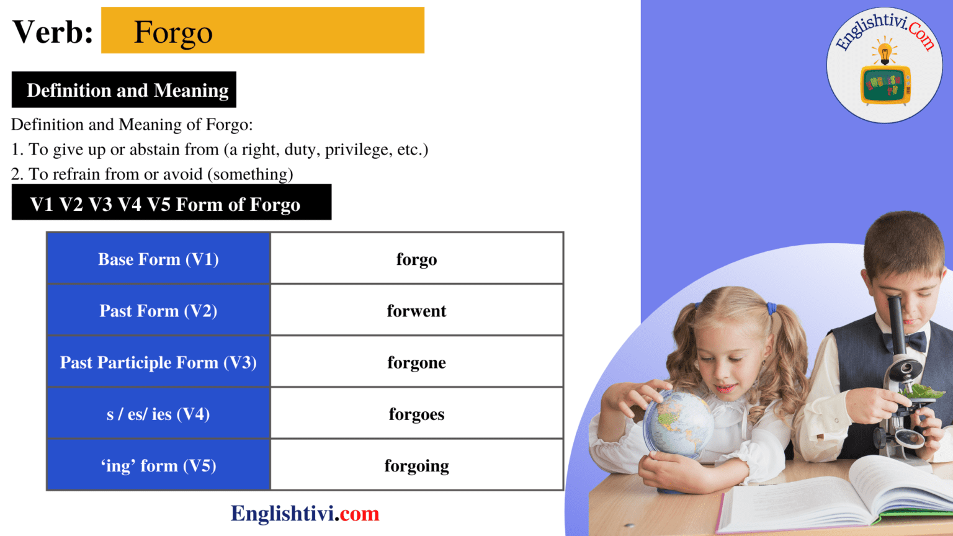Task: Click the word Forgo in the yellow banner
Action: pyautogui.click(x=173, y=32)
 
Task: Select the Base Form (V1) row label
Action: pyautogui.click(x=158, y=259)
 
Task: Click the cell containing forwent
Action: pyautogui.click(x=416, y=311)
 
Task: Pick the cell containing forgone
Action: pyautogui.click(x=416, y=362)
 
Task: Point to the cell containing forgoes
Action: pyautogui.click(x=416, y=414)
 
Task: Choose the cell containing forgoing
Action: pyautogui.click(x=416, y=465)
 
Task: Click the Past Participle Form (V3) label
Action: pyautogui.click(x=158, y=362)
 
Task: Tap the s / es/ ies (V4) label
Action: pyautogui.click(x=158, y=414)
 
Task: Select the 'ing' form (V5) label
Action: pyautogui.click(x=158, y=465)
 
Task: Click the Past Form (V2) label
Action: pyautogui.click(x=158, y=311)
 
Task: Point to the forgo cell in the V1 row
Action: pyautogui.click(x=416, y=259)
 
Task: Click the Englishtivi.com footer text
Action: pyautogui.click(x=305, y=514)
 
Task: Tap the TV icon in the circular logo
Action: pyautogui.click(x=885, y=84)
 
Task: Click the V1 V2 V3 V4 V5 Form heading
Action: pyautogui.click(x=165, y=204)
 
